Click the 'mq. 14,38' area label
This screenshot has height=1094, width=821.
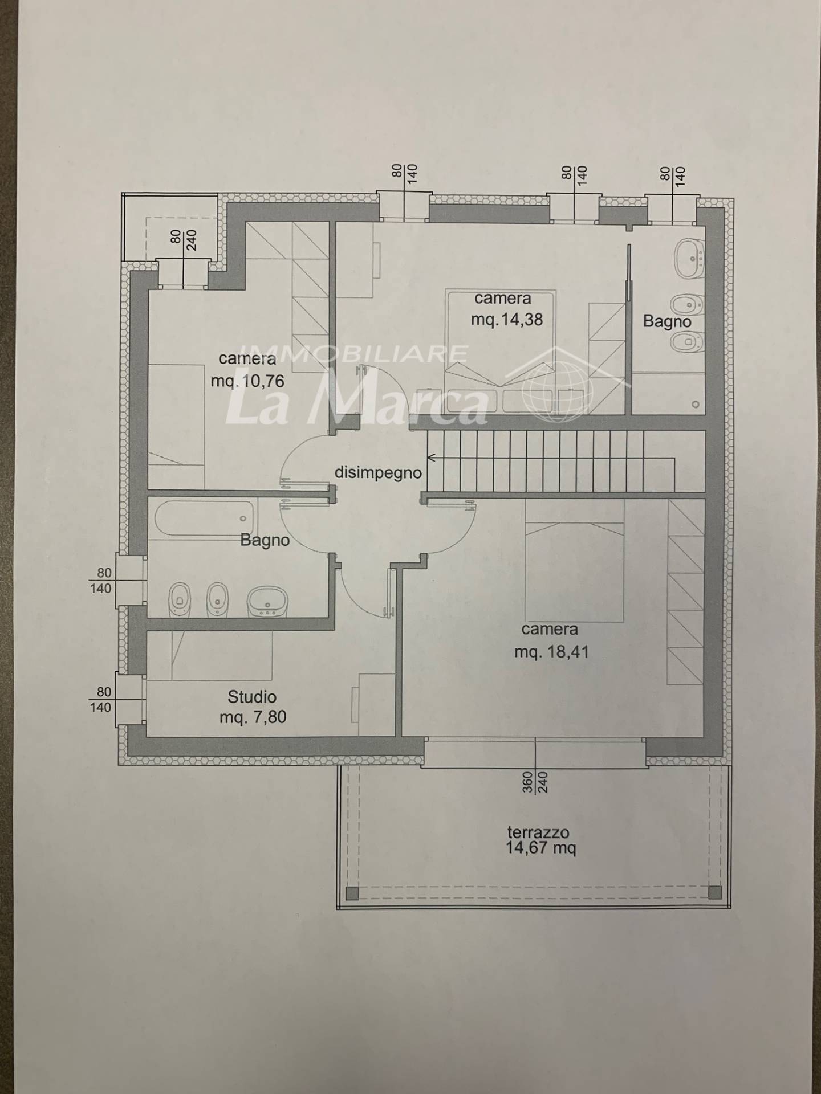[x=506, y=320]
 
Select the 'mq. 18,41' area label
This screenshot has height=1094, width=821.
[x=551, y=651]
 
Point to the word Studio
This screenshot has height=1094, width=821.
[x=252, y=696]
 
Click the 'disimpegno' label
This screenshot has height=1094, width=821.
[x=378, y=473]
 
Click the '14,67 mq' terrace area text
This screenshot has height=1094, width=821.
[x=540, y=848]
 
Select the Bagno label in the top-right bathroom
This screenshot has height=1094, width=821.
[x=666, y=322]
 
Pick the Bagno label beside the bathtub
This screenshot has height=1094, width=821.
[x=265, y=540]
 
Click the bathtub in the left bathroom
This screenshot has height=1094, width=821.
[x=204, y=518]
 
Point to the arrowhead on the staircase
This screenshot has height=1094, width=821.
[x=431, y=457]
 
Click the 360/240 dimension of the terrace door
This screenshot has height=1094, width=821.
[x=534, y=782]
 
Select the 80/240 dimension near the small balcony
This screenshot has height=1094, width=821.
[x=183, y=240]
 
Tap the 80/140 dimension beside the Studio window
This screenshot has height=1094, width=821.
[x=101, y=700]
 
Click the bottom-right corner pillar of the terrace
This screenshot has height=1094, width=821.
[x=715, y=892]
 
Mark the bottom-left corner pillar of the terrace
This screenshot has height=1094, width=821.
[x=352, y=892]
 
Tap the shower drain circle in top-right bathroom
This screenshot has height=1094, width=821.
[x=695, y=405]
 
